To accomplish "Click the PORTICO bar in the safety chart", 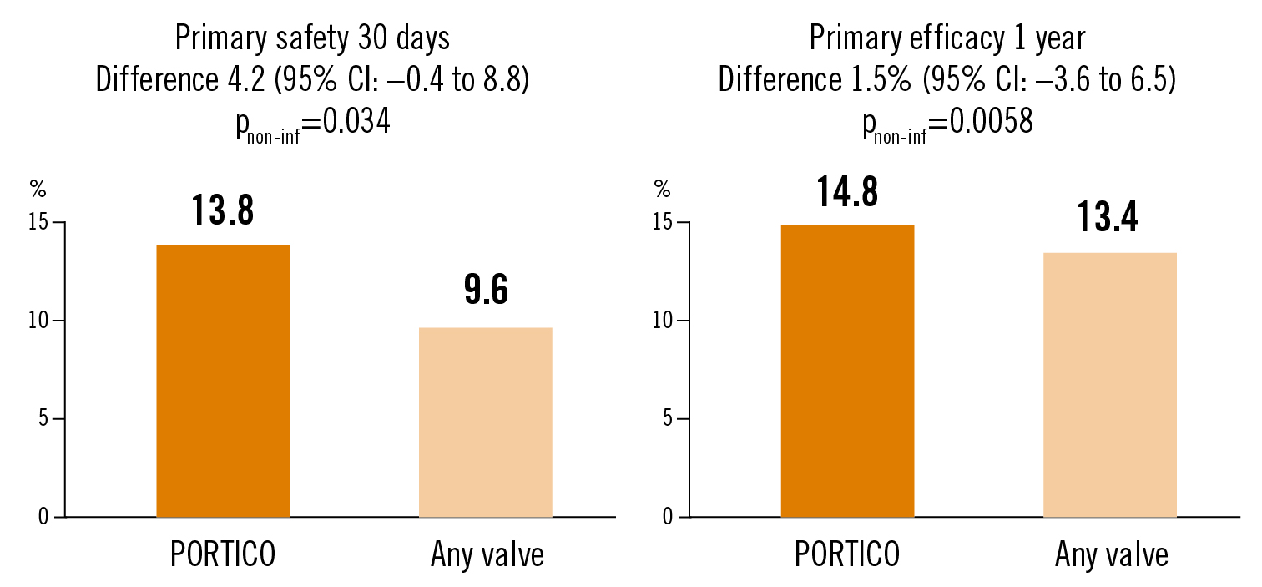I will tap(223, 381).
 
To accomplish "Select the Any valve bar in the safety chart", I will tap(486, 422).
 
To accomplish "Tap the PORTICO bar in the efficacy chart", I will tap(847, 371).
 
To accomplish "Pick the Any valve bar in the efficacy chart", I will tap(1110, 385).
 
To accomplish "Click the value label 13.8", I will tap(223, 210).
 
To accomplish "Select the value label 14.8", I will tap(847, 192).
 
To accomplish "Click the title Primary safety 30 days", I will tap(312, 38).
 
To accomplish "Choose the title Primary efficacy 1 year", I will tap(946, 38).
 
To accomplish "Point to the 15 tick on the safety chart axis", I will tap(39, 223).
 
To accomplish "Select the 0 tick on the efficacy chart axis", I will tap(668, 517).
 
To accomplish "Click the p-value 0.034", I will tap(349, 124).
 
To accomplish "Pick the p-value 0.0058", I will tap(982, 124).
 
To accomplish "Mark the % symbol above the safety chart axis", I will tap(38, 190).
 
